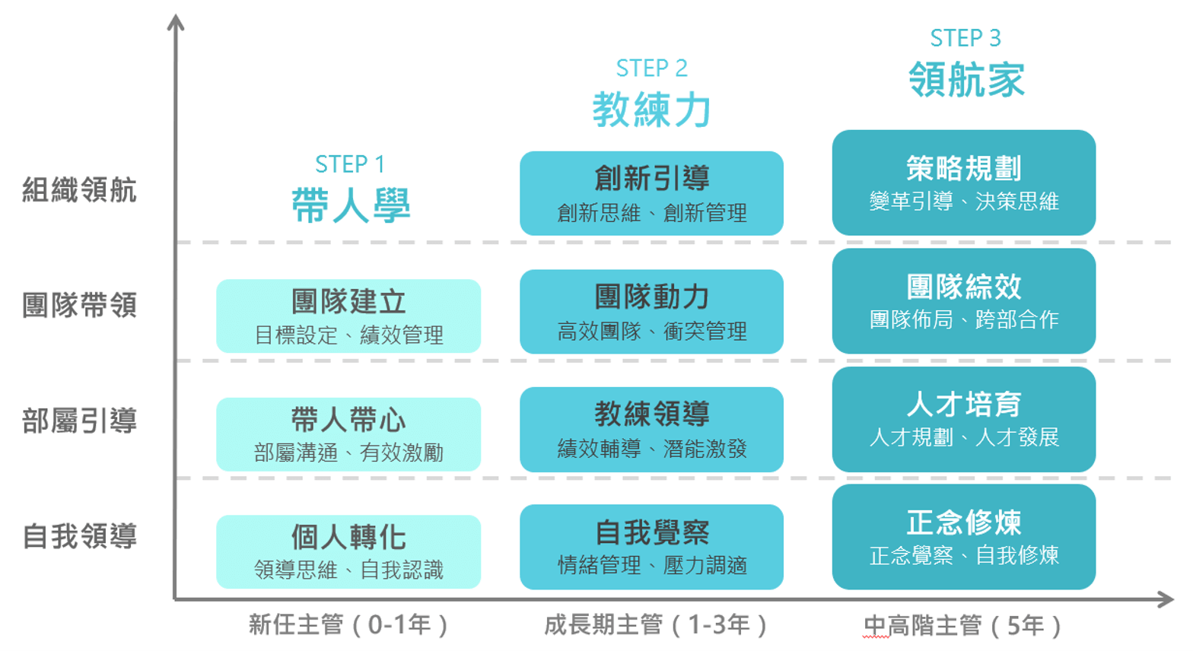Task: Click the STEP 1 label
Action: point(349,164)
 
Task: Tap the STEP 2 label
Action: point(651,68)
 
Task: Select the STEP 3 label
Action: point(965,38)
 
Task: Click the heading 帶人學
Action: point(351,205)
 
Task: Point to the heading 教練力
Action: point(651,109)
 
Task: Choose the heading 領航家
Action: point(966,79)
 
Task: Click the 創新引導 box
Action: point(651,193)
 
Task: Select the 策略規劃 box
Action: point(964,183)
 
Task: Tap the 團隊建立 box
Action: point(348,316)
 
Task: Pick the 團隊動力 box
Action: point(651,311)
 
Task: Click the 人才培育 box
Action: point(964,419)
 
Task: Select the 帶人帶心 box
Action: point(348,433)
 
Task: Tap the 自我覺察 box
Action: point(651,547)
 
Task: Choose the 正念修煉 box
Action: point(964,537)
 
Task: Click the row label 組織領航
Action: point(79,190)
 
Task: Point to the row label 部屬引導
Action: point(79,421)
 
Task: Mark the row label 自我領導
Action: point(79,536)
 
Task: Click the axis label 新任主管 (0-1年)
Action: point(348,624)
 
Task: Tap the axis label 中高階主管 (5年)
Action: point(962,625)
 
